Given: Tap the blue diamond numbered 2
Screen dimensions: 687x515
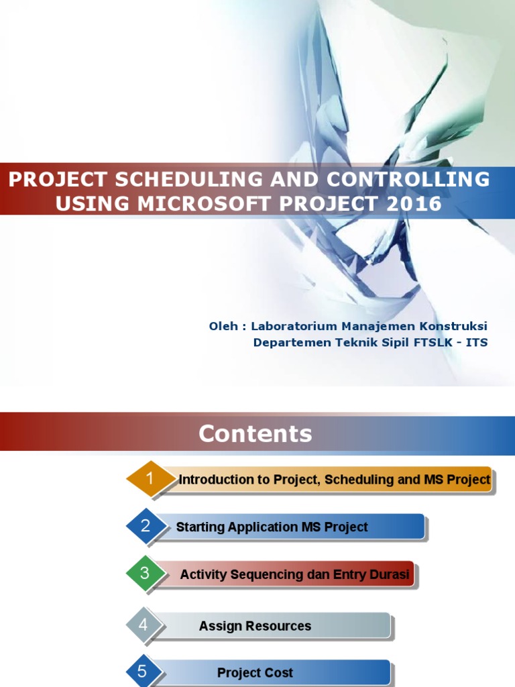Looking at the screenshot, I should (146, 526).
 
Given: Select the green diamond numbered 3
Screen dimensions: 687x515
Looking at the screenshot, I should (146, 574).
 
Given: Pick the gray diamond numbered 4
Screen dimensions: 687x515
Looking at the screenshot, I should (144, 625).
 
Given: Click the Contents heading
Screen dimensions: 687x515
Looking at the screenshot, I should (255, 434).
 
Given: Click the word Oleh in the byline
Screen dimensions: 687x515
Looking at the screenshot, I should (223, 326).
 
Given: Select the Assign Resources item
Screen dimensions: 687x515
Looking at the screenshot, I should (255, 626).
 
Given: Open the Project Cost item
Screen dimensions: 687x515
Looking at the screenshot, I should (255, 673).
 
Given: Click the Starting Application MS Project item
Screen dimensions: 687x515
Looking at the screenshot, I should (272, 527).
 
